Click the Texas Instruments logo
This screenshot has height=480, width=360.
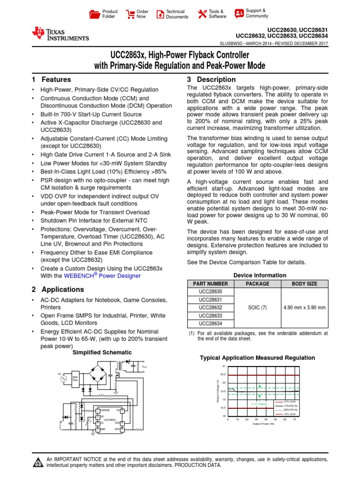(60, 33)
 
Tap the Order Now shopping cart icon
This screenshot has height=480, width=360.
(131, 14)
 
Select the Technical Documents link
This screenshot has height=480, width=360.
(172, 14)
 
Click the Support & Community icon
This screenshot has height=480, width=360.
(239, 13)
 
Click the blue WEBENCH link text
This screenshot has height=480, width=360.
(118, 276)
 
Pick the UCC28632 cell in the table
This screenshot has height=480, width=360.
(210, 307)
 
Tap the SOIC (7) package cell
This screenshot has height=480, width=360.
(257, 307)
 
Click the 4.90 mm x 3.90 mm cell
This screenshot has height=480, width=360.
(304, 307)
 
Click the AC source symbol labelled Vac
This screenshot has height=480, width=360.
(62, 379)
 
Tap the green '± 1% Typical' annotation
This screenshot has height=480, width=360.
(259, 403)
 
